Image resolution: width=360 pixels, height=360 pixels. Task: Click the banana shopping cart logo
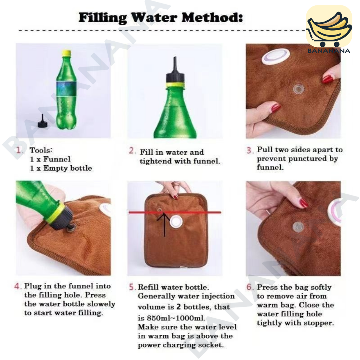click(x=329, y=30)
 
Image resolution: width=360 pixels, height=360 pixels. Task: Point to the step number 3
click(x=249, y=150)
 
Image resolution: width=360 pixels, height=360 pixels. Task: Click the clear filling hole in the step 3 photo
click(x=298, y=89)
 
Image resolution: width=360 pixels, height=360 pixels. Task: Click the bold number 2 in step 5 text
click(x=179, y=307)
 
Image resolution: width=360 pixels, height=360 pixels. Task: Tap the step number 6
click(x=249, y=287)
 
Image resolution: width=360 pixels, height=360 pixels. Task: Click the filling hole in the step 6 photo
click(x=298, y=227)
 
